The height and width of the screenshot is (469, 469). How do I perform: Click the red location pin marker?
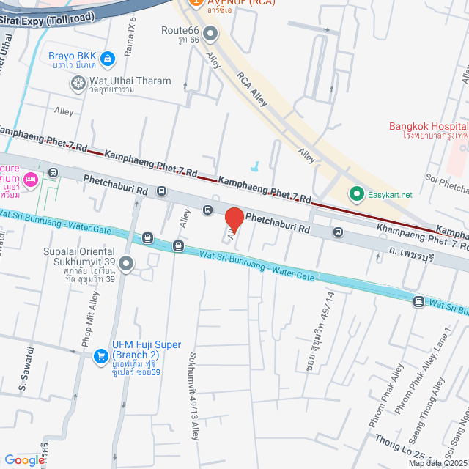click(x=234, y=219)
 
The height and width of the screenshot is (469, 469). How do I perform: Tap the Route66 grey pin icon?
click(x=210, y=32)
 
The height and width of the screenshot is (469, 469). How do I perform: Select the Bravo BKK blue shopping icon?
click(x=108, y=57)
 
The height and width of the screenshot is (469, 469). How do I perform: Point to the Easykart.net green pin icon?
click(x=356, y=194)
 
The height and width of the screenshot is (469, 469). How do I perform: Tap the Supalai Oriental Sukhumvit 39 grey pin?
click(x=126, y=263)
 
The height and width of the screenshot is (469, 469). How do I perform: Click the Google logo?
click(x=25, y=460)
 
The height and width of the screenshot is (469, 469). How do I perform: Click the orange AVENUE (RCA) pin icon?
click(x=195, y=2)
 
